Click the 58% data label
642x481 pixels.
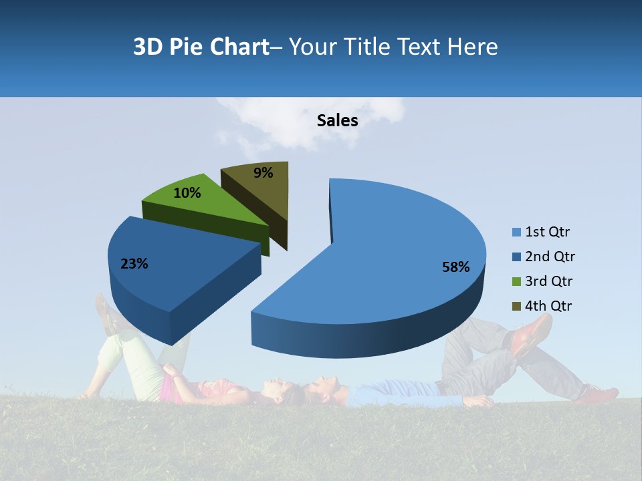[455, 267]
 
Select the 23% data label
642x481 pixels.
[134, 264]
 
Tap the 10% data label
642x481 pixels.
[187, 193]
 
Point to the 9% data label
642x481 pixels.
[263, 173]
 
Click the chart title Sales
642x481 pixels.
[337, 120]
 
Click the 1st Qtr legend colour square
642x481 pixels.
[516, 232]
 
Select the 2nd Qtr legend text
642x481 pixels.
[550, 257]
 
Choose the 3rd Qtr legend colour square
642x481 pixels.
[516, 281]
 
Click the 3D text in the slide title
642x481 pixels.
[148, 47]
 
